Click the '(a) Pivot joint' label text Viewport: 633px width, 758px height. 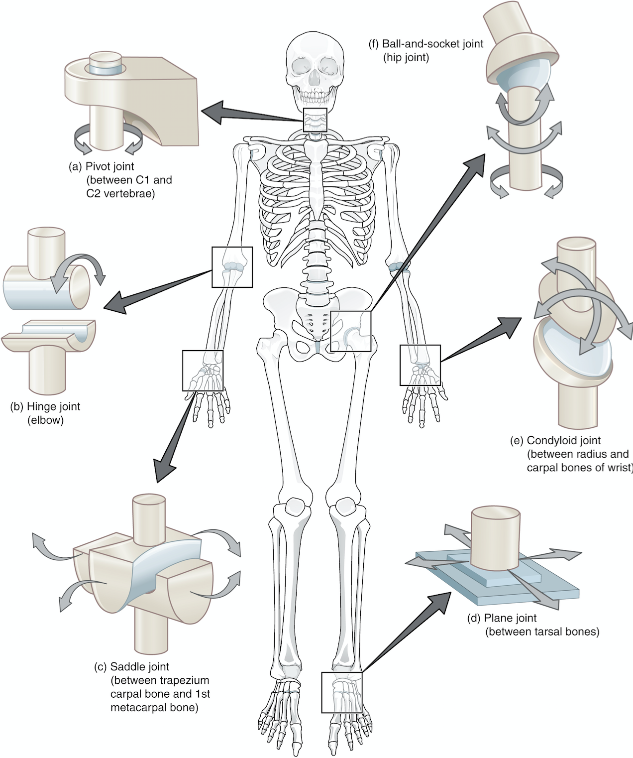[102, 167]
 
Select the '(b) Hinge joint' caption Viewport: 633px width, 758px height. [45, 406]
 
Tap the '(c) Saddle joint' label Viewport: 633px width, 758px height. [132, 666]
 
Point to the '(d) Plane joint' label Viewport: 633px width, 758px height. [502, 618]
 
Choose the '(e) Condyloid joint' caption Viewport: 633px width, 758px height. [555, 440]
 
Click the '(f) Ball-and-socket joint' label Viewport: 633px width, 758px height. [426, 44]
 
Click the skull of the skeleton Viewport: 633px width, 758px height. [315, 69]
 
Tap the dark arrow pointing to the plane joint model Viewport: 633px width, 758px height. [406, 632]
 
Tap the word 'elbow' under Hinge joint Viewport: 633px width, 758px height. [46, 420]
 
